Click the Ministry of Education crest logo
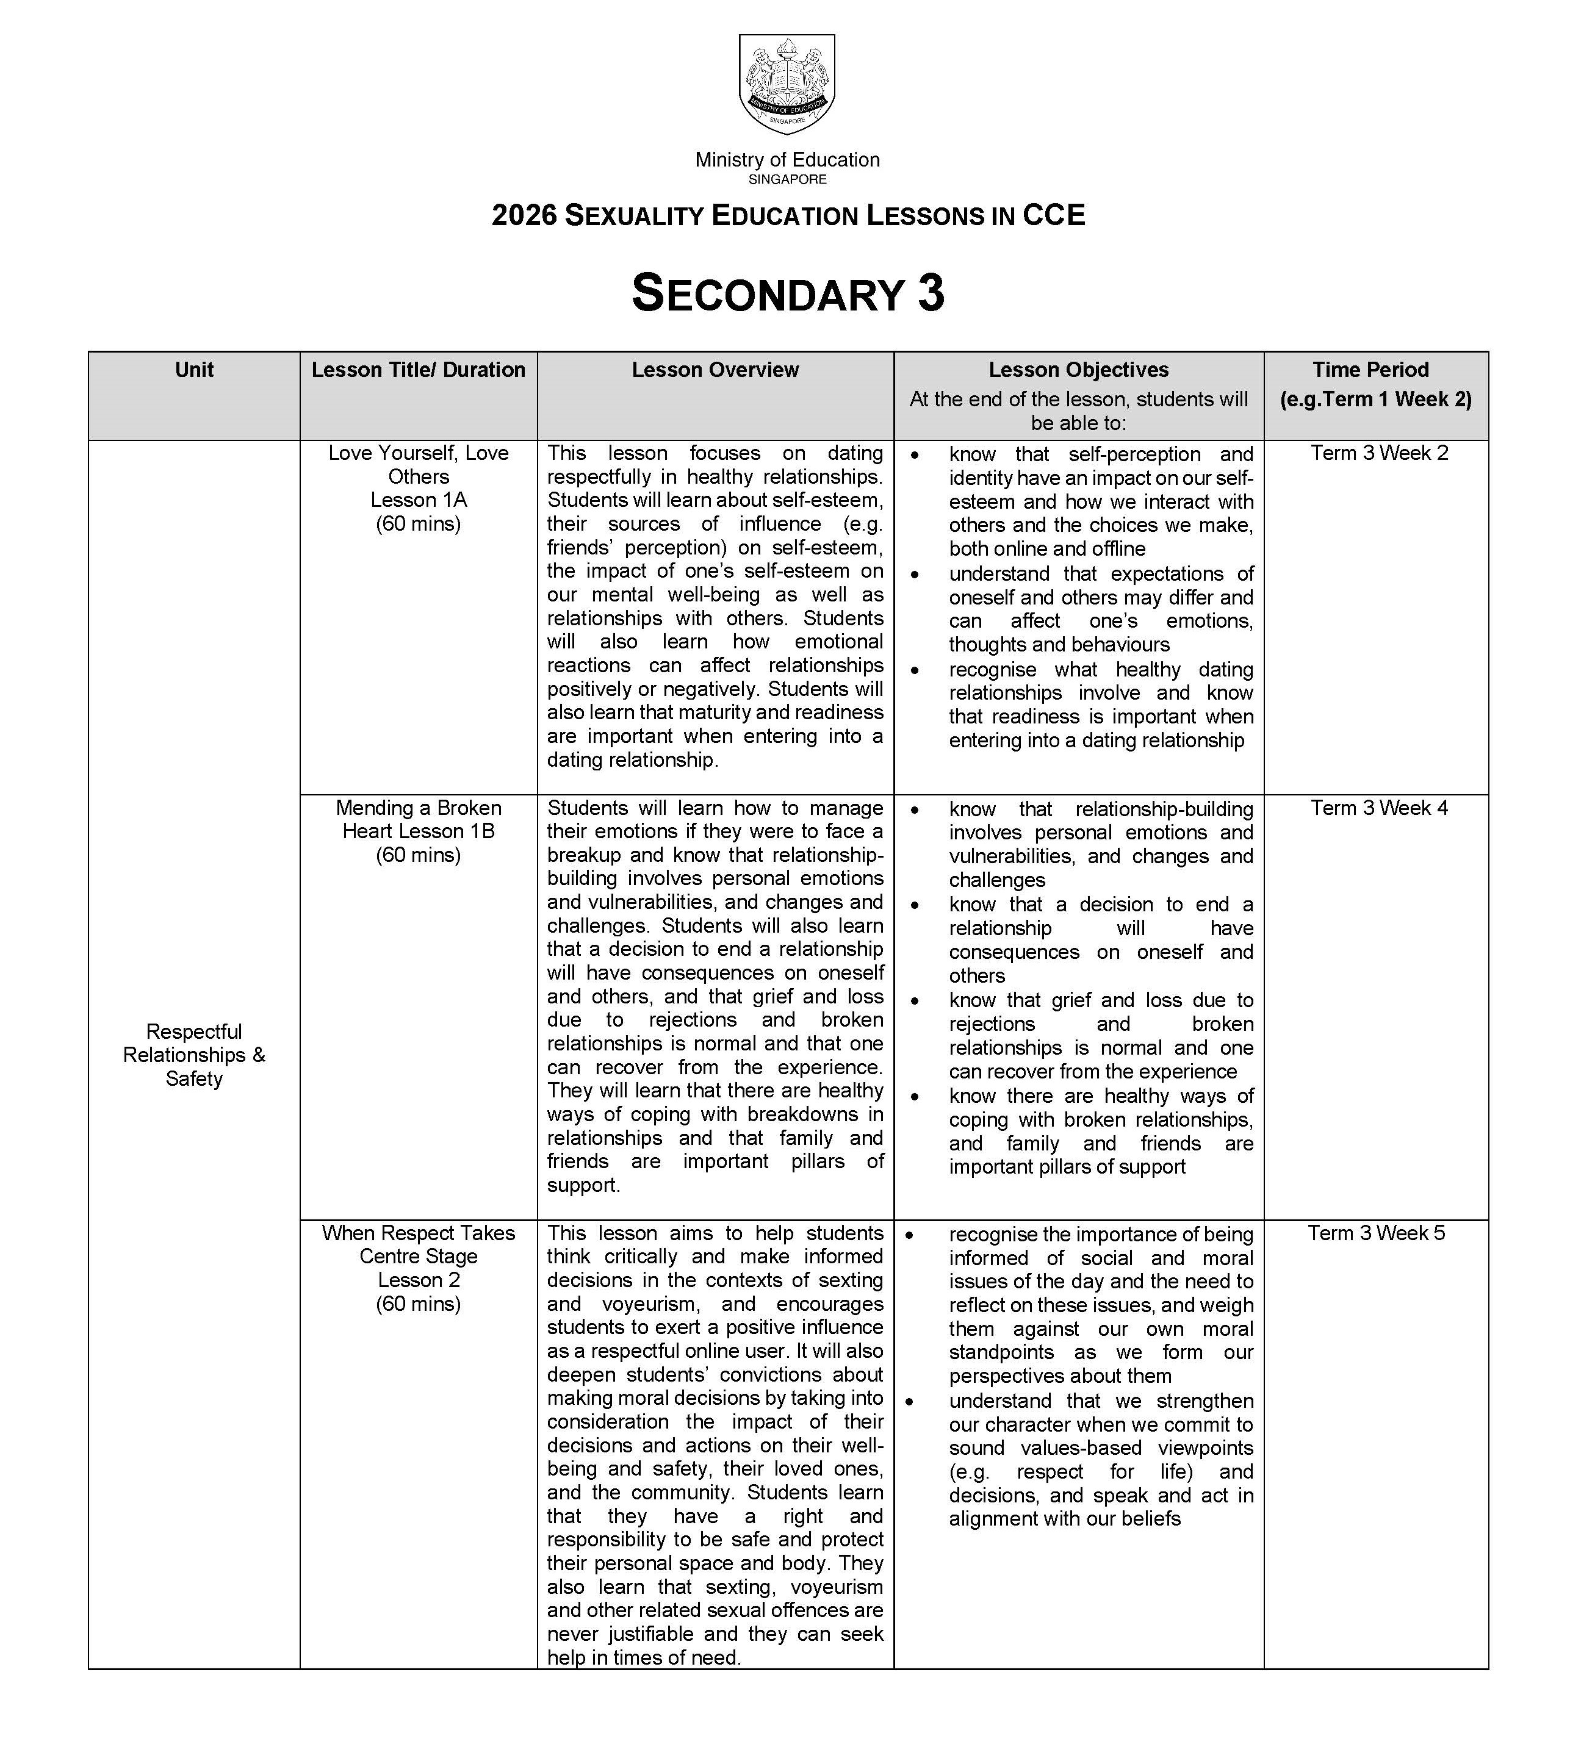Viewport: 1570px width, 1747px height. pyautogui.click(x=787, y=83)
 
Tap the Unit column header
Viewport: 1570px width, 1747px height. pyautogui.click(x=194, y=370)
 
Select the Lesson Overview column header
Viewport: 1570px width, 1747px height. pyautogui.click(x=715, y=370)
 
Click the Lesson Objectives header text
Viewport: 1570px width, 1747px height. pyautogui.click(x=1078, y=370)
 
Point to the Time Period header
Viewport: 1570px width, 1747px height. pyautogui.click(x=1370, y=370)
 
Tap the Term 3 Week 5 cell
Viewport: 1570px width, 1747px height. pyautogui.click(x=1376, y=1233)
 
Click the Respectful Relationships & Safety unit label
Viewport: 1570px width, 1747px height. pyautogui.click(x=194, y=1055)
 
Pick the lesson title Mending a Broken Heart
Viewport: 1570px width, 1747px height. pyautogui.click(x=419, y=819)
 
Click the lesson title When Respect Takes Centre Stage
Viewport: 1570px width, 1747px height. pyautogui.click(x=419, y=1244)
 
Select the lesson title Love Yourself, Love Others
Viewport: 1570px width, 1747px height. pyautogui.click(x=419, y=465)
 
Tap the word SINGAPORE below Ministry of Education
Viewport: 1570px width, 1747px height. pyautogui.click(x=788, y=179)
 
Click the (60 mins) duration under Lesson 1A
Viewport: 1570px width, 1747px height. pyautogui.click(x=419, y=523)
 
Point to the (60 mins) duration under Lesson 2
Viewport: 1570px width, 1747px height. pyautogui.click(x=419, y=1304)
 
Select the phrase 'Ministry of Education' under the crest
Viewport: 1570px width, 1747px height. pyautogui.click(x=788, y=160)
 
